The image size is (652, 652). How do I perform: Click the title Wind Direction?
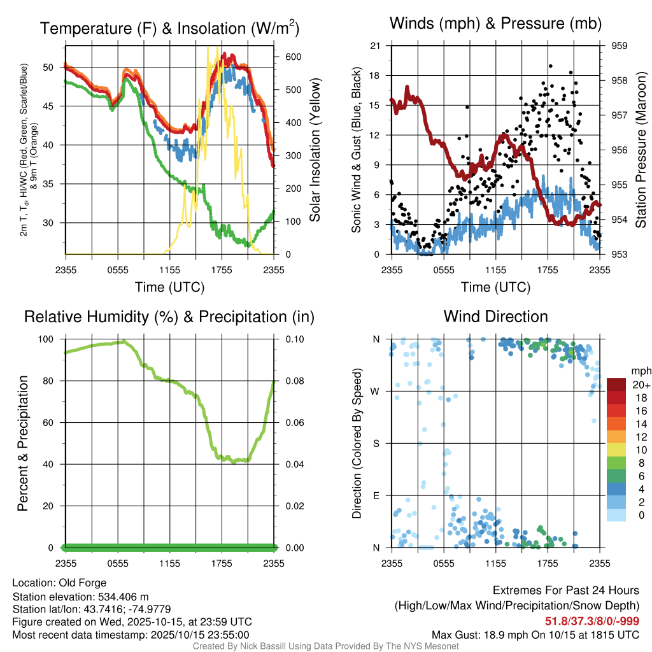pyautogui.click(x=495, y=316)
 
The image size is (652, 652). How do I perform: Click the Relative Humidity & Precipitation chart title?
pyautogui.click(x=169, y=316)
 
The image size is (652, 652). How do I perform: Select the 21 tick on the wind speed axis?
pyautogui.click(x=375, y=46)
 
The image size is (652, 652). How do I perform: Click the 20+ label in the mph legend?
pyautogui.click(x=640, y=385)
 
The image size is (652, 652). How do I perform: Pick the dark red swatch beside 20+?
pyautogui.click(x=617, y=385)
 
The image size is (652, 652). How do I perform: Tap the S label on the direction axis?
pyautogui.click(x=376, y=443)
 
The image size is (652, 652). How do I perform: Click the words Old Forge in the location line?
pyautogui.click(x=83, y=583)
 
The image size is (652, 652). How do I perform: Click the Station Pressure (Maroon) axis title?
pyautogui.click(x=641, y=150)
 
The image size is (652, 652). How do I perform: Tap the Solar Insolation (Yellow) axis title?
pyautogui.click(x=315, y=150)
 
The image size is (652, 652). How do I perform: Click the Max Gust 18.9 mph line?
pyautogui.click(x=535, y=635)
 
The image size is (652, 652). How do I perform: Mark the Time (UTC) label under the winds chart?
pyautogui.click(x=495, y=287)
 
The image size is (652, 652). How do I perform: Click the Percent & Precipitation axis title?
pyautogui.click(x=23, y=443)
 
